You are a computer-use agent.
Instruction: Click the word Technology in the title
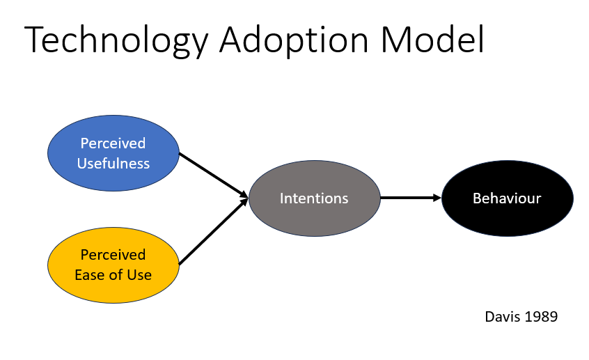(116, 40)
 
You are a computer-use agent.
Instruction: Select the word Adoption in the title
(294, 40)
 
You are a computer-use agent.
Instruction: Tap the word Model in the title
(432, 39)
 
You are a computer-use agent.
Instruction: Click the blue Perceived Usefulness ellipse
(113, 153)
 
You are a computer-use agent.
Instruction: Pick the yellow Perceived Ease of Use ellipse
(113, 265)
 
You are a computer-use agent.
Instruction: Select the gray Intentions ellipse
(315, 198)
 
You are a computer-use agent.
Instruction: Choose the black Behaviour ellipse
(508, 198)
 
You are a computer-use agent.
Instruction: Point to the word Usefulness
(113, 164)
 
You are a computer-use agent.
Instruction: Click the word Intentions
(314, 198)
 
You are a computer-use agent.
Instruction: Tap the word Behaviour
(507, 198)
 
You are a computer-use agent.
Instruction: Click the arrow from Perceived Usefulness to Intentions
(214, 175)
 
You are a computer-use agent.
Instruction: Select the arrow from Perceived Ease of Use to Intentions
(214, 231)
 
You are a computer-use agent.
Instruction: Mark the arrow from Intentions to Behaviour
(411, 198)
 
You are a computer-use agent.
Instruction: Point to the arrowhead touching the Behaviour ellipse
(437, 198)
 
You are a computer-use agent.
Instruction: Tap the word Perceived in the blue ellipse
(113, 143)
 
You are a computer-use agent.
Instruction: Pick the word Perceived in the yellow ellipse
(113, 255)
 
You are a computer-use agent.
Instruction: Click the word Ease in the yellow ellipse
(88, 275)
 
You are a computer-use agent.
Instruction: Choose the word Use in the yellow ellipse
(139, 275)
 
